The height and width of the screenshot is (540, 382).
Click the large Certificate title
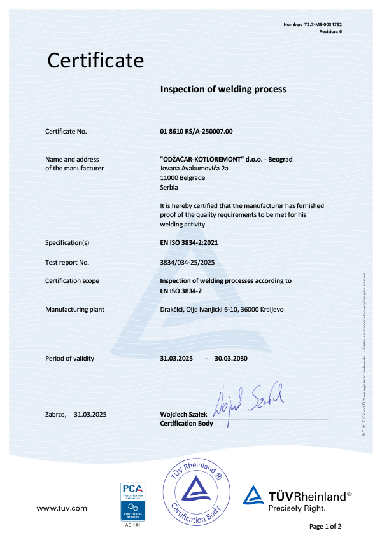(95, 60)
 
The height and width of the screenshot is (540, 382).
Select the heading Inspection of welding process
(223, 89)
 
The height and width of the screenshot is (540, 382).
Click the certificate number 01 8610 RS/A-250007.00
(197, 131)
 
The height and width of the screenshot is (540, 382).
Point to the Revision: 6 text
(330, 31)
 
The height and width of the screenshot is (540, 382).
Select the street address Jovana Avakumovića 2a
(194, 168)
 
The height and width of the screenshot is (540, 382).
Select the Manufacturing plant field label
(74, 309)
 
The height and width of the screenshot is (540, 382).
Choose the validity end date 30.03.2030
(231, 359)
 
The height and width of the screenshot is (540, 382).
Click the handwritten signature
(251, 399)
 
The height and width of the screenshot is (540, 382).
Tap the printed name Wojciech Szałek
(185, 415)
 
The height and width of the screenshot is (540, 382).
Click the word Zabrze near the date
(55, 414)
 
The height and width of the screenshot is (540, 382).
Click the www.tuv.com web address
(61, 508)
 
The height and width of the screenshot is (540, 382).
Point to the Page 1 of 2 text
(325, 526)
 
